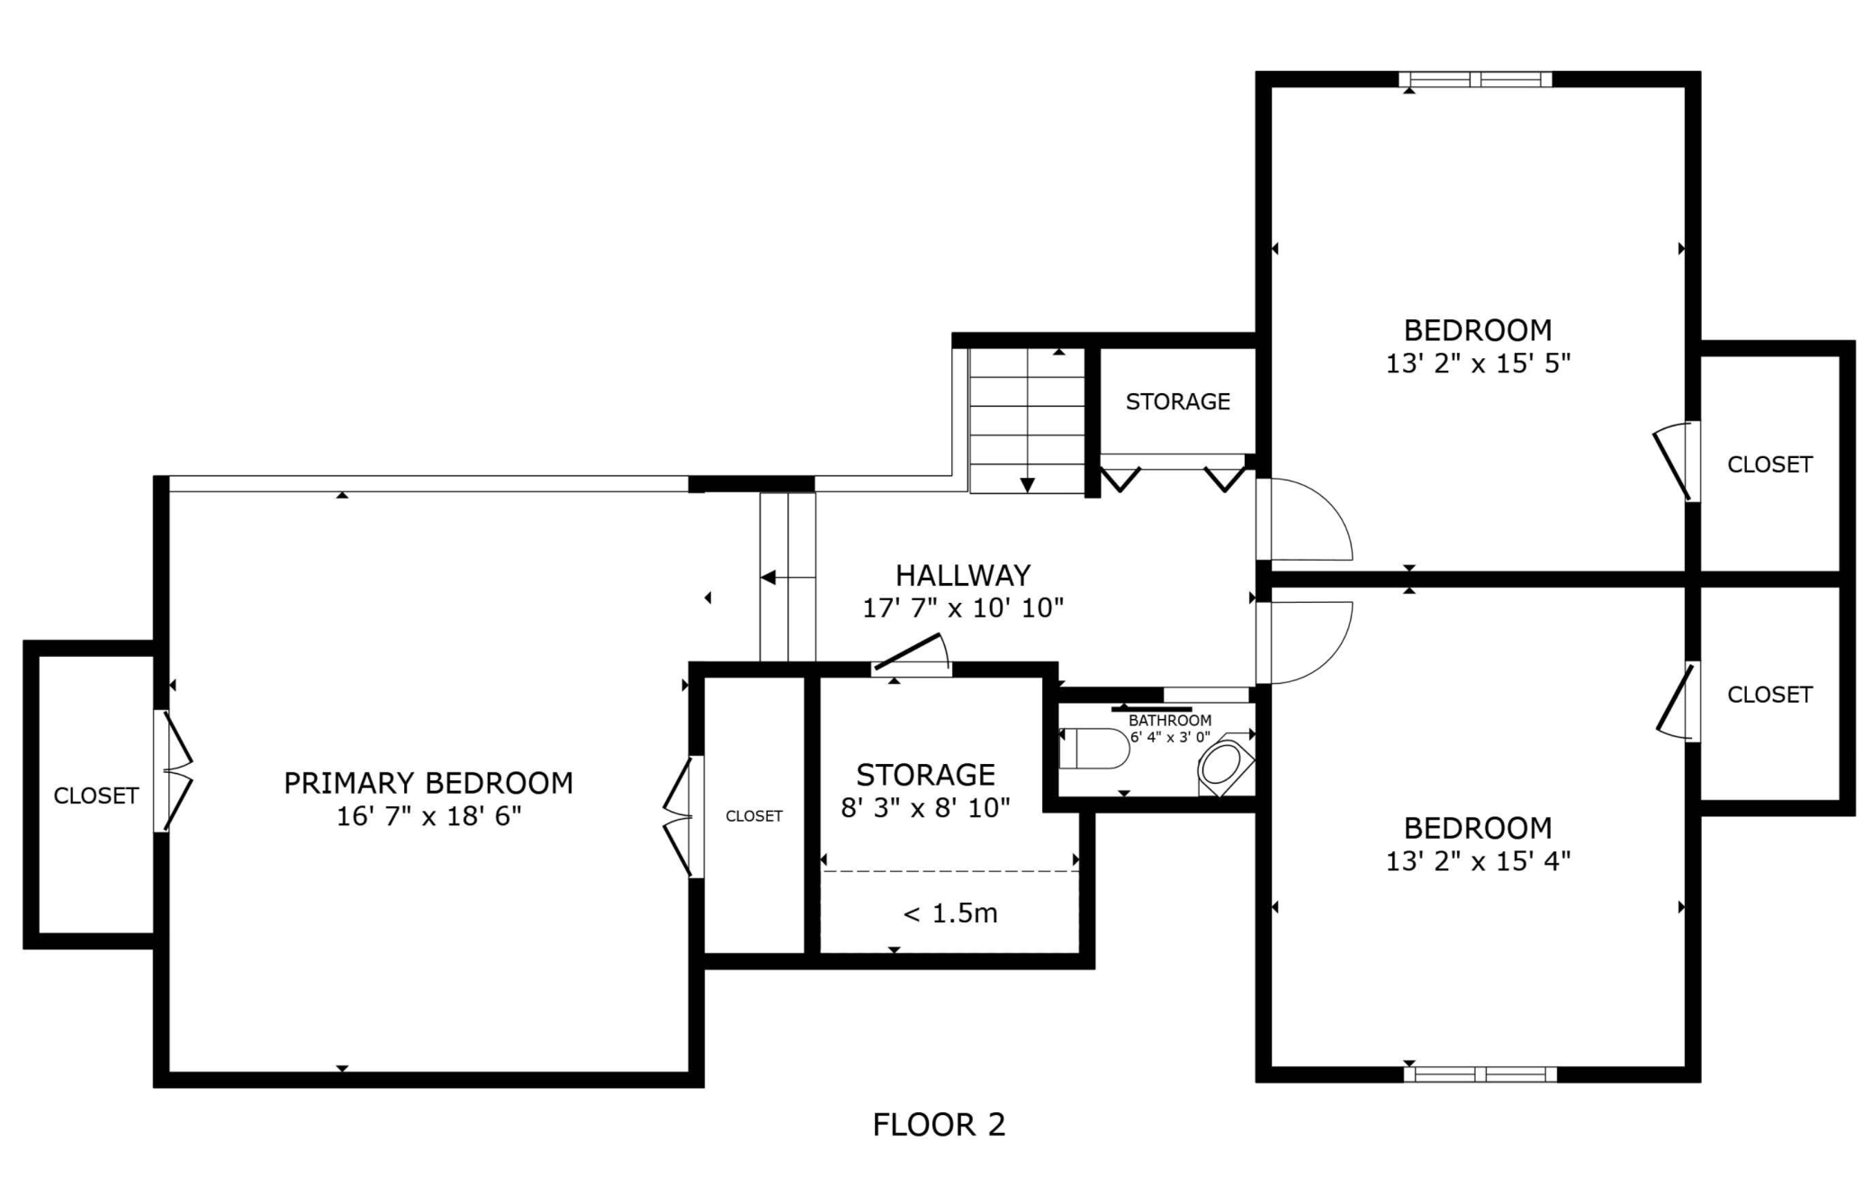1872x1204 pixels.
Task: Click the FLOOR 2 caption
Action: pyautogui.click(x=939, y=1124)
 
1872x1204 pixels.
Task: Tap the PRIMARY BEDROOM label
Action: pyautogui.click(x=428, y=783)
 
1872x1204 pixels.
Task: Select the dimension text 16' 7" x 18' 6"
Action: pyautogui.click(x=428, y=816)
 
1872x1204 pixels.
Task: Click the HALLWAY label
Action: pyautogui.click(x=963, y=575)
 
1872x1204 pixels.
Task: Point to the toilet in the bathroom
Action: pyautogui.click(x=1094, y=749)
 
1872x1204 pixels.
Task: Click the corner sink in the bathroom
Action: pyautogui.click(x=1224, y=765)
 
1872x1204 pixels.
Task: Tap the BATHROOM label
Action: pyautogui.click(x=1170, y=720)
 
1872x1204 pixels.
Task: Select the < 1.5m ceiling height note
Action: pyautogui.click(x=950, y=913)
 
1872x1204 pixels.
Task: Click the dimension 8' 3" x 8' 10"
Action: pyautogui.click(x=925, y=808)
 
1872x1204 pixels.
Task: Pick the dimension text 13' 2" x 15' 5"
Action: pyautogui.click(x=1478, y=364)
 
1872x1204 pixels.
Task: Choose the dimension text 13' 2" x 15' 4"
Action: pyautogui.click(x=1478, y=861)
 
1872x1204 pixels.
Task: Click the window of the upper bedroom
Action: pyautogui.click(x=1476, y=79)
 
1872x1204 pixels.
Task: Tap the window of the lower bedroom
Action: pyautogui.click(x=1480, y=1074)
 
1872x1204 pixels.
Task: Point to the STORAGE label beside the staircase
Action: pyautogui.click(x=1178, y=401)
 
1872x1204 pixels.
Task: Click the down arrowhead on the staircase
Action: pyautogui.click(x=1027, y=485)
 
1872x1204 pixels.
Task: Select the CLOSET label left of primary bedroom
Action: pyautogui.click(x=96, y=795)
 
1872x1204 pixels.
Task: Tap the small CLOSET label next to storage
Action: pyautogui.click(x=754, y=816)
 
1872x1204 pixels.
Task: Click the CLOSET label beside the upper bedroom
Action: pyautogui.click(x=1769, y=464)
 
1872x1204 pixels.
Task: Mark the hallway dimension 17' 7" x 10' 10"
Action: pyautogui.click(x=963, y=608)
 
